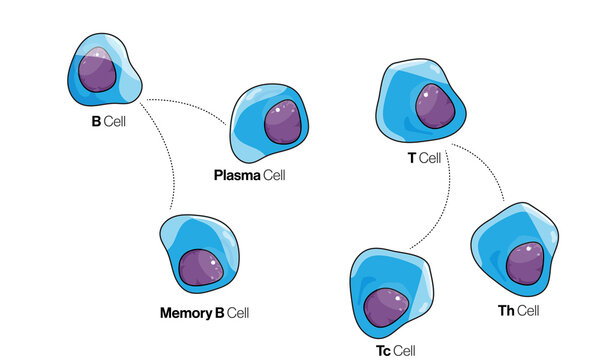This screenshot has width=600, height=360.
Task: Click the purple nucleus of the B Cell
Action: [x=100, y=69]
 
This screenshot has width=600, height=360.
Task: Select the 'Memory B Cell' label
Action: [x=204, y=313]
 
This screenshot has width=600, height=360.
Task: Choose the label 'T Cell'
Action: [x=419, y=158]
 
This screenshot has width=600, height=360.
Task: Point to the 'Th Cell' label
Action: [x=518, y=311]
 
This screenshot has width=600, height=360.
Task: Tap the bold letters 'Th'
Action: [x=506, y=311]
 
